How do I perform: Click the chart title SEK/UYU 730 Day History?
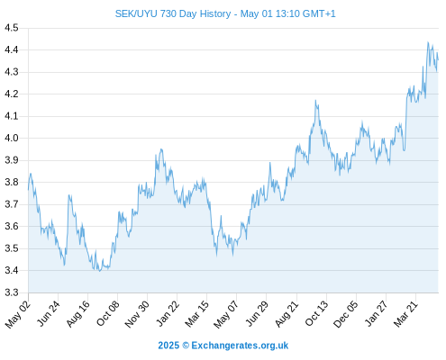pos(173,13)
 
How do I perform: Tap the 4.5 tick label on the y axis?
pos(12,28)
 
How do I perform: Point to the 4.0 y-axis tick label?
pos(12,139)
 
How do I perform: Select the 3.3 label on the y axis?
pos(12,292)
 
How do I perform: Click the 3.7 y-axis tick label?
pos(12,204)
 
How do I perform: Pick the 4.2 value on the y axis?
pos(12,94)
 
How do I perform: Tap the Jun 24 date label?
pos(49,313)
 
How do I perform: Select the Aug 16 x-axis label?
pos(77,314)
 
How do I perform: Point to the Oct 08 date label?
pos(107,314)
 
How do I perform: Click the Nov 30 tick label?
pos(137,314)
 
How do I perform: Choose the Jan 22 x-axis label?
pos(168,313)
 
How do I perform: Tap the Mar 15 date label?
pos(196,314)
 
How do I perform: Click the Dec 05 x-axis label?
pos(346,314)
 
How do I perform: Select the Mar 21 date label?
pos(405,314)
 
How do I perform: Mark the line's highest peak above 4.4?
pos(428,42)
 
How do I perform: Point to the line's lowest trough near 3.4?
pos(100,271)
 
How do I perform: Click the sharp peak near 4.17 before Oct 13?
pos(315,100)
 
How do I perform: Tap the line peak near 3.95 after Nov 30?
pos(161,149)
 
